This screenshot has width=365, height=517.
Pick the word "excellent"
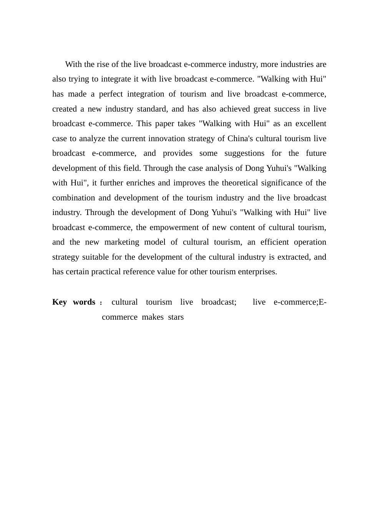[x=310, y=124]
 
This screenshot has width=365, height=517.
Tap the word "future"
[x=316, y=153]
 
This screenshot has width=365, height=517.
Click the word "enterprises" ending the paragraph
[x=257, y=272]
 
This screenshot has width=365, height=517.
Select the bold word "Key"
[x=60, y=302]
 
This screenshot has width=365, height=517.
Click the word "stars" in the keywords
[x=176, y=317]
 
